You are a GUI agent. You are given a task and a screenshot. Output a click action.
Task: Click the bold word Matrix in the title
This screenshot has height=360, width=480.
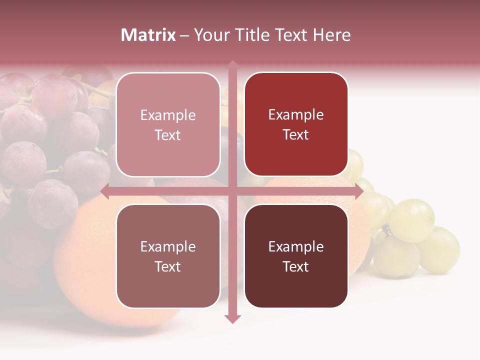(148, 35)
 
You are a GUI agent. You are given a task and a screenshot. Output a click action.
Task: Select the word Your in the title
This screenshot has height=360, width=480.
(209, 35)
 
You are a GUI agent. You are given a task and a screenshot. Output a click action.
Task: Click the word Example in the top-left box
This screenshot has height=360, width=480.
(168, 115)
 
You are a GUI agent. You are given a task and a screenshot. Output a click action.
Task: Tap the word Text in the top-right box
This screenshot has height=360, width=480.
(296, 135)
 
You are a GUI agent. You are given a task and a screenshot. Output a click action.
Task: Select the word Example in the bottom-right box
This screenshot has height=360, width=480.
(296, 247)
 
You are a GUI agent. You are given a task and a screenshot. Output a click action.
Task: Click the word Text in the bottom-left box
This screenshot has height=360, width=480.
(168, 266)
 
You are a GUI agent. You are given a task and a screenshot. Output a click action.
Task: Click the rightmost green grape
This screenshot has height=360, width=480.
(440, 249)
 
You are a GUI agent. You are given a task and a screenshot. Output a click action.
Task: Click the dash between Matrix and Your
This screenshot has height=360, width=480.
(184, 35)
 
